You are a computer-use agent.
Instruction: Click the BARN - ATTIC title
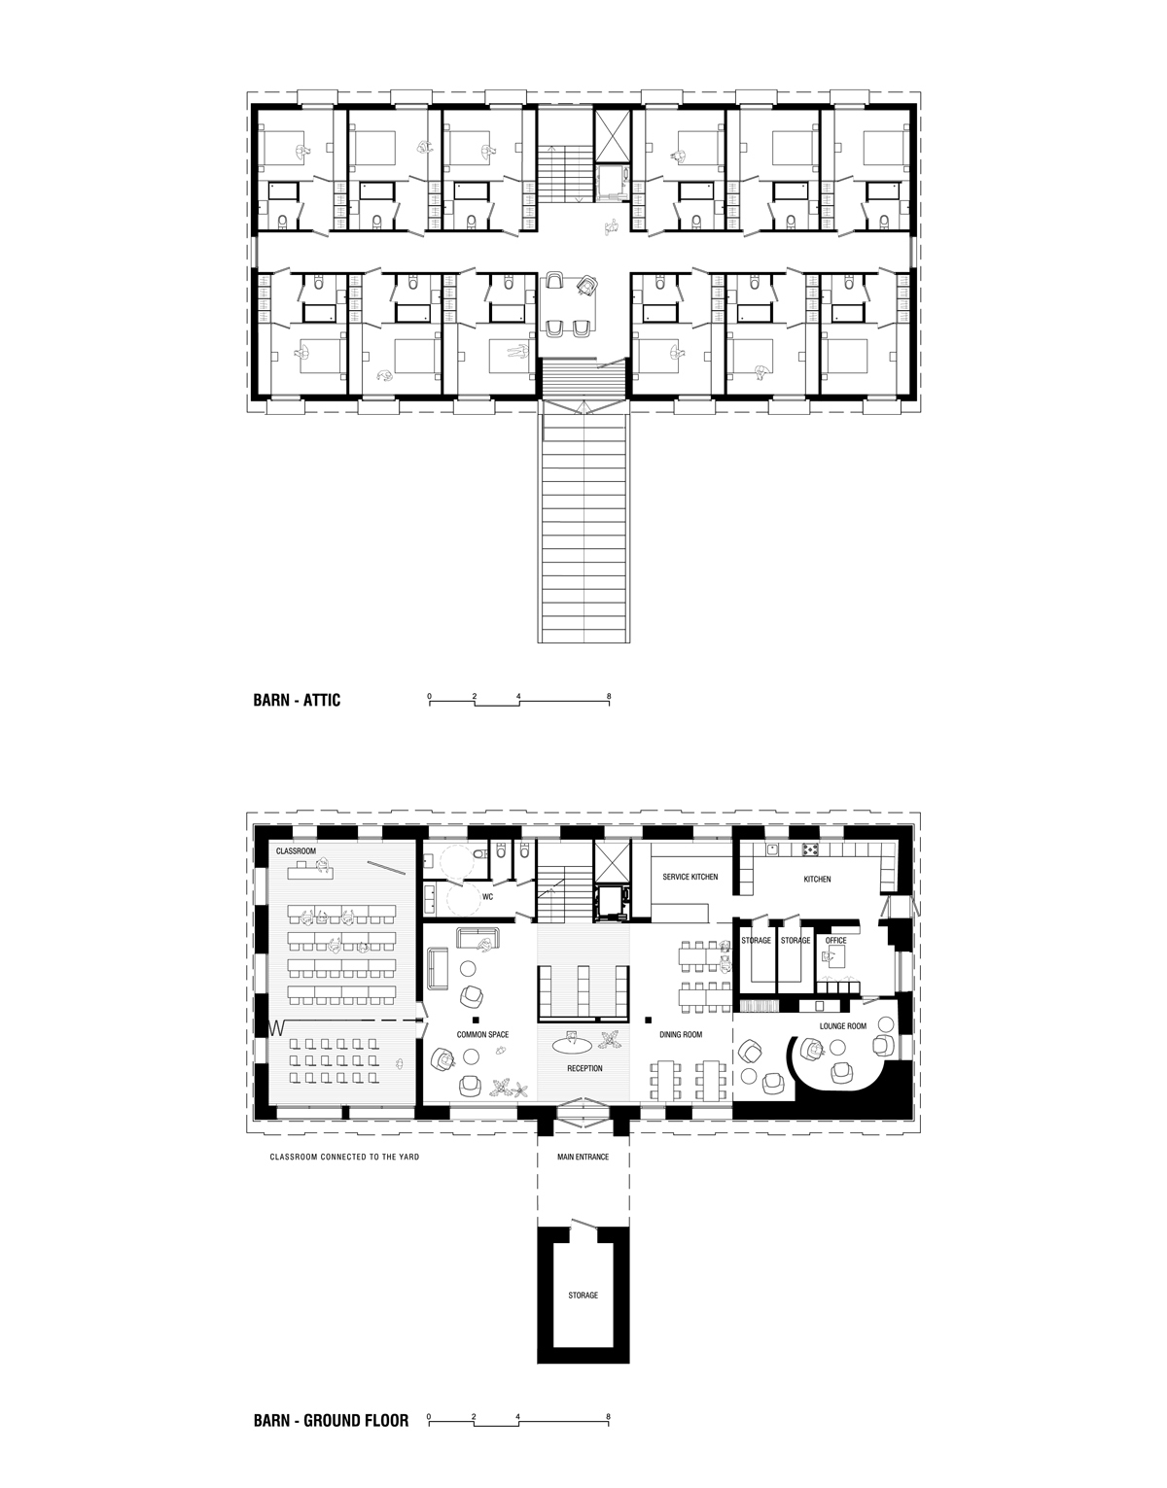pos(297,700)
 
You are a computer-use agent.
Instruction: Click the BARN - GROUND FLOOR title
pos(331,1420)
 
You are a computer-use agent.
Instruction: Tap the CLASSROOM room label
pos(296,851)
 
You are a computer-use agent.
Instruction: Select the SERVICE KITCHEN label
pos(690,877)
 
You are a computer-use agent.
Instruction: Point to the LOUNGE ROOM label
pos(843,1026)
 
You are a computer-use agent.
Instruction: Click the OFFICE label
pos(835,940)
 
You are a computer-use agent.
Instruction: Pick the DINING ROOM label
pos(681,1035)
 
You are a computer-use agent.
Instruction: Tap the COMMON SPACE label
pos(482,1035)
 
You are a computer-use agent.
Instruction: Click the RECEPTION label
pos(584,1068)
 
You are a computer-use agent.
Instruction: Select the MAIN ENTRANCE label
pos(583,1157)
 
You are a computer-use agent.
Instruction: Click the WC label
pos(487,896)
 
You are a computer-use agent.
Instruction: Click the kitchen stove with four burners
pos(811,849)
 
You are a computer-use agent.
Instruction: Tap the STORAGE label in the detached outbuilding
pos(583,1296)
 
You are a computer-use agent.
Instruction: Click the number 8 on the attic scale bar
pos(609,697)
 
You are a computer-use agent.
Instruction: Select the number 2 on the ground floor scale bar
pos(474,1411)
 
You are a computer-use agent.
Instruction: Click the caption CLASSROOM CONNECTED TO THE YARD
pos(344,1158)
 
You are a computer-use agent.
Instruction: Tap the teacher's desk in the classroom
pos(311,872)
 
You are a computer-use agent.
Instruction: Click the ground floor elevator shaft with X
pos(610,861)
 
